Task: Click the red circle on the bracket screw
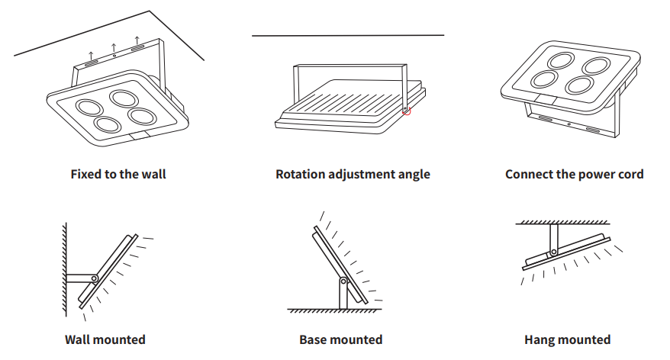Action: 407,111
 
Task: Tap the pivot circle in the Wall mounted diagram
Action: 95,278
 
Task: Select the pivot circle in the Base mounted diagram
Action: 343,281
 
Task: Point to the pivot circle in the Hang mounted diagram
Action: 553,252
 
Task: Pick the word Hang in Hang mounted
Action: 537,340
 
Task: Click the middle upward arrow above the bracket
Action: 114,48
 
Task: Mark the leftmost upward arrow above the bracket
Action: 91,56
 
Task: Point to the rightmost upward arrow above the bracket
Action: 137,41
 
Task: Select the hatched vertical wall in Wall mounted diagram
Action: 64,269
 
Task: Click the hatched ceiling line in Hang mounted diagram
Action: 562,223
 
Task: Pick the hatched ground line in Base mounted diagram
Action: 334,310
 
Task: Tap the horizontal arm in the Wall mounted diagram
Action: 80,278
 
